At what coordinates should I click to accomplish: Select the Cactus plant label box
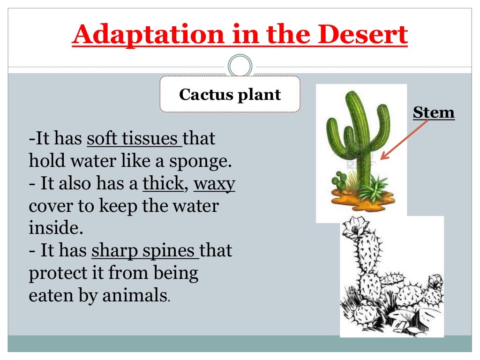[230, 94]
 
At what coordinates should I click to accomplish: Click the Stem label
[434, 112]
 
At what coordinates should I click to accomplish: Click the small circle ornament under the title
[240, 66]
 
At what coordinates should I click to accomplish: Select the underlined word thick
[163, 184]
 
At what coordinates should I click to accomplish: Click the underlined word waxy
[214, 184]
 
